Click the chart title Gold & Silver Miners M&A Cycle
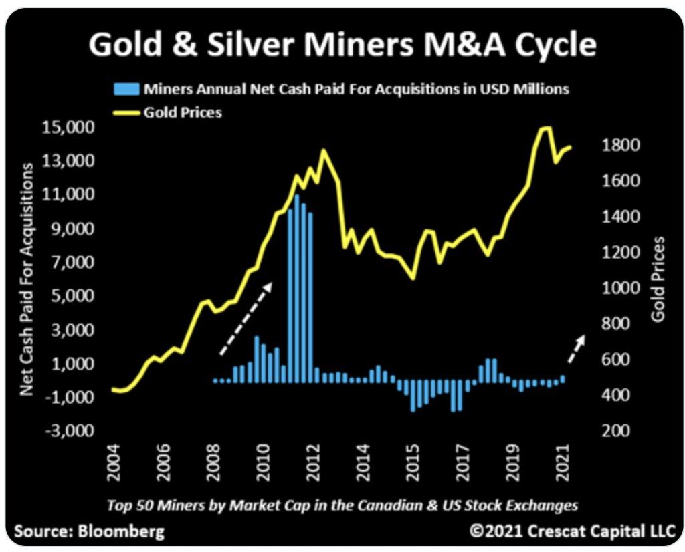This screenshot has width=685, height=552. pos(342,45)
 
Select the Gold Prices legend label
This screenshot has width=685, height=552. pos(182,112)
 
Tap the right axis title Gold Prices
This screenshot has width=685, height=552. pos(660,279)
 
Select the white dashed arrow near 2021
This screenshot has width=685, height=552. pos(576,348)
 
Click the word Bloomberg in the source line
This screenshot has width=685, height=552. pos(120,532)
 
